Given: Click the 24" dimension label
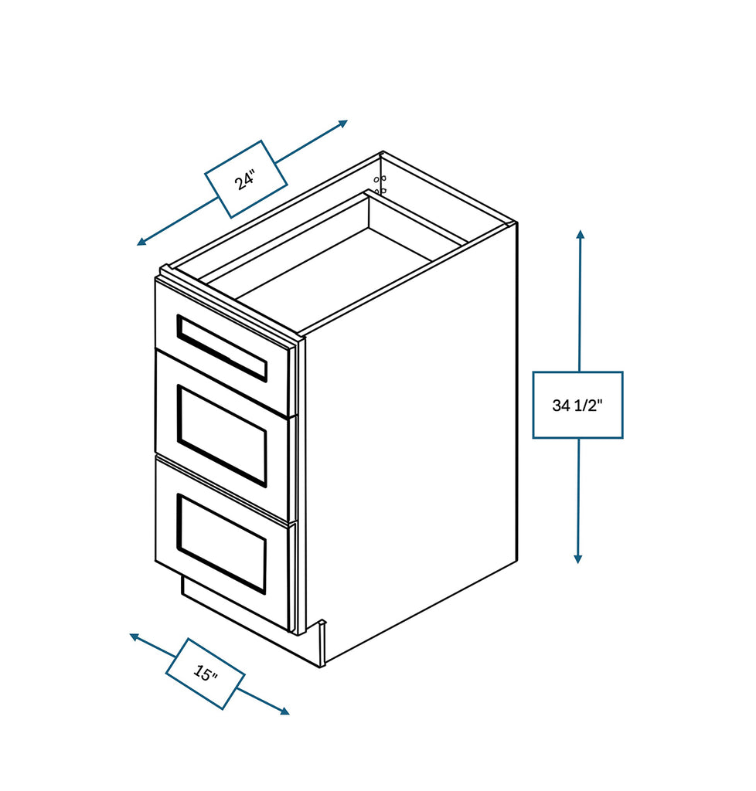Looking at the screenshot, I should click(246, 179).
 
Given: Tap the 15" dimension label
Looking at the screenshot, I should click(205, 674).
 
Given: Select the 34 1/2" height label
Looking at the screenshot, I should click(577, 405).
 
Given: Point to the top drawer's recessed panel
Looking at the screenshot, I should click(222, 348).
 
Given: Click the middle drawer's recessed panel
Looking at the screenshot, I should click(222, 435).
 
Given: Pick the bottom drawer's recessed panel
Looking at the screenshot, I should click(222, 543).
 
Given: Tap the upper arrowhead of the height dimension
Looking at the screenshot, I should click(580, 233).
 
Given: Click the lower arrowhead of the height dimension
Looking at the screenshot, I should click(577, 558).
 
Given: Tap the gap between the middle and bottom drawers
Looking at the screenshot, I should click(224, 487).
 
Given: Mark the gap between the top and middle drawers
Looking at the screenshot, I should click(224, 382).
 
